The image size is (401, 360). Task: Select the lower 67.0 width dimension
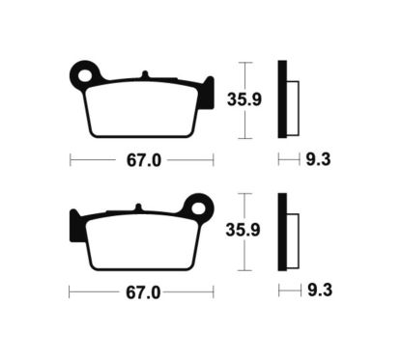pos(142,290)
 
